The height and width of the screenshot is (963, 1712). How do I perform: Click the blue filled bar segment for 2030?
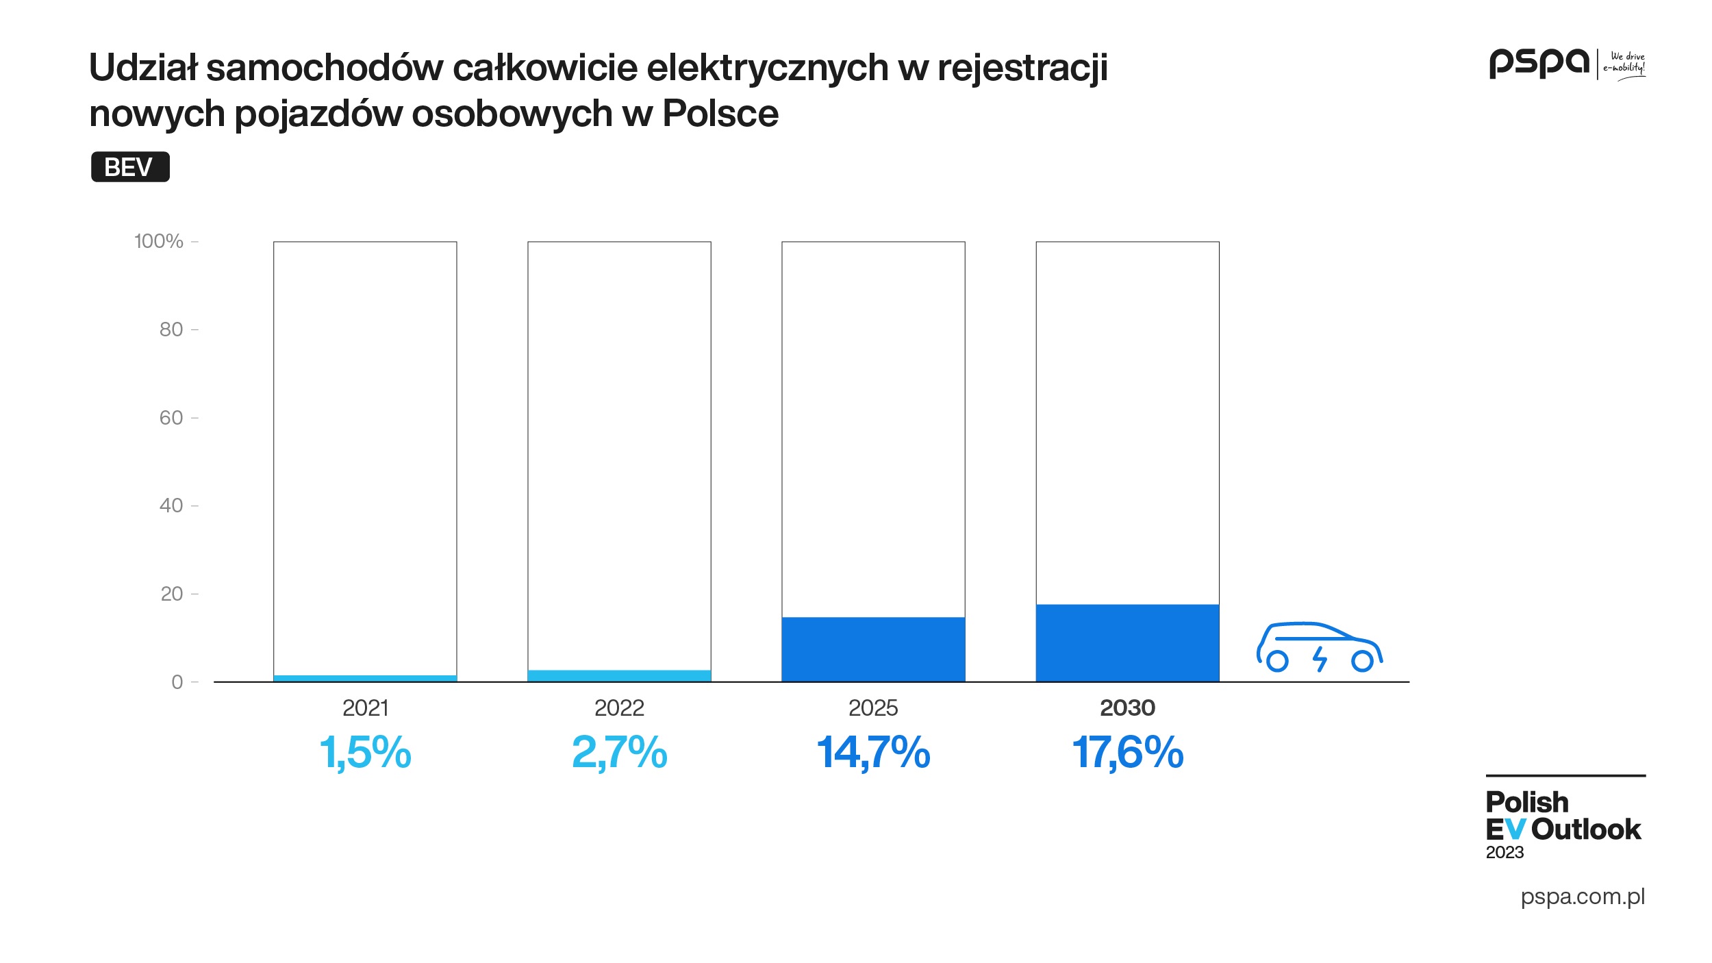click(1127, 642)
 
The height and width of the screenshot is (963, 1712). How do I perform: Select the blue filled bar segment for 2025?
click(873, 649)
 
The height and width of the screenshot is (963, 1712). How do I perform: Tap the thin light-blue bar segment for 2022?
click(619, 675)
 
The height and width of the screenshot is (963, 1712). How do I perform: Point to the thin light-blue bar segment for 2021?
click(365, 678)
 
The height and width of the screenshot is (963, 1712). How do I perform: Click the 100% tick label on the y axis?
click(159, 241)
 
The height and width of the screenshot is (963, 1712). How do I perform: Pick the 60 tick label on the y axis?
click(171, 418)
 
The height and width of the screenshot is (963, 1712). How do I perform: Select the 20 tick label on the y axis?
click(171, 594)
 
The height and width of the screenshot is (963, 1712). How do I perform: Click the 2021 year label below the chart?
click(365, 708)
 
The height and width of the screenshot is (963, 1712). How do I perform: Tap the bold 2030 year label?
click(1127, 708)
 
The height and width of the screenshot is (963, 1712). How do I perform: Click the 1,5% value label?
click(365, 752)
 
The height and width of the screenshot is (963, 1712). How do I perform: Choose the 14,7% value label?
click(873, 752)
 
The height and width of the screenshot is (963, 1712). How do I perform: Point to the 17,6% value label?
click(1127, 752)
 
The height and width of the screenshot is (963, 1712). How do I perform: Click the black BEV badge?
click(130, 167)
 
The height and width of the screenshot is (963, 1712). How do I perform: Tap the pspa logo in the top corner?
click(1539, 63)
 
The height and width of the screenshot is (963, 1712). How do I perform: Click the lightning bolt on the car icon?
click(1320, 659)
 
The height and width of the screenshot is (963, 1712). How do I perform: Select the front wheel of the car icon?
click(1362, 661)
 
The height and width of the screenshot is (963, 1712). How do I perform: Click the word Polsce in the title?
click(720, 114)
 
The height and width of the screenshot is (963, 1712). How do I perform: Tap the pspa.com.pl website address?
click(1583, 897)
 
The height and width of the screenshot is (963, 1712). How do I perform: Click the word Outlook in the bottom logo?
click(1586, 829)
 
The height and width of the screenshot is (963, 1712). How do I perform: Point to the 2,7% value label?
click(619, 752)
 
